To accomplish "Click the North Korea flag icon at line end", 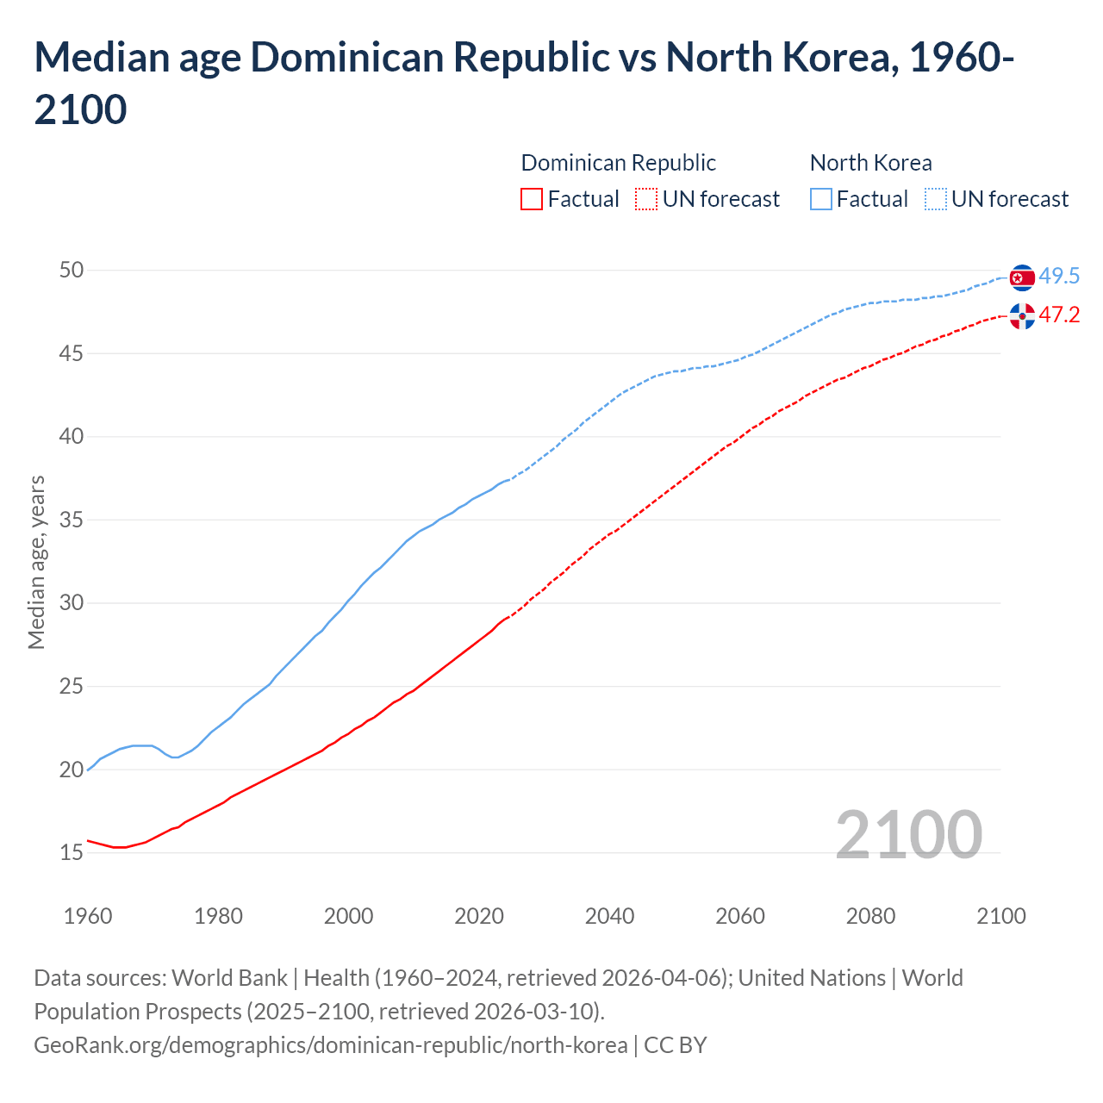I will click(x=1022, y=277).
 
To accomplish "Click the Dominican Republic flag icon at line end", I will click(x=1022, y=316).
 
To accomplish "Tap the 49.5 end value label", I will click(x=1059, y=277).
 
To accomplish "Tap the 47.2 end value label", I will click(x=1059, y=315).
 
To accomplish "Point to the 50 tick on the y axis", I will click(x=72, y=271).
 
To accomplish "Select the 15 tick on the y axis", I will click(x=72, y=853).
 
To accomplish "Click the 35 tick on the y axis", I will click(x=72, y=520).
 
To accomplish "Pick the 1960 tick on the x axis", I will click(x=88, y=916).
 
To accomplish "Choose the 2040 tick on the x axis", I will click(x=609, y=916).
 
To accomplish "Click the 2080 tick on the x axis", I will click(x=870, y=916).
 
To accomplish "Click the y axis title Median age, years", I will click(x=36, y=562).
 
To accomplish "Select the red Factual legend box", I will click(x=532, y=199).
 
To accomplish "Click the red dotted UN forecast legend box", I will click(x=646, y=199).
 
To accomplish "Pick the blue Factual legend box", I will click(x=821, y=199).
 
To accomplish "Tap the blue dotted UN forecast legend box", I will click(x=936, y=199).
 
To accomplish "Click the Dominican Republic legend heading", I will click(x=618, y=163).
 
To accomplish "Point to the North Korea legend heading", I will click(x=870, y=163).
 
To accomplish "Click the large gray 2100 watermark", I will click(x=908, y=834).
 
